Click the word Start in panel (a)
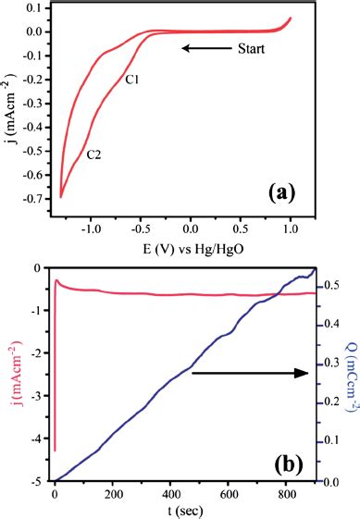tap(250, 48)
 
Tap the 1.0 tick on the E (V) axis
tap(290, 228)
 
